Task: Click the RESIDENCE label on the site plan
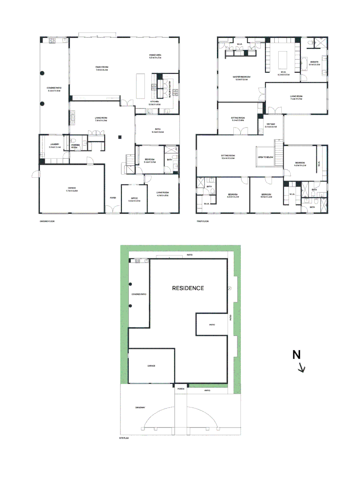tap(188, 288)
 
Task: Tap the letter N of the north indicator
tap(297, 355)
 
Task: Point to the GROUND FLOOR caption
tap(47, 221)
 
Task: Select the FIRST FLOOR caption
tap(203, 221)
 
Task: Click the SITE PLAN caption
tap(124, 438)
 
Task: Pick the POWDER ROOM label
tap(75, 146)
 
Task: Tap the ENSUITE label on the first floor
tap(314, 63)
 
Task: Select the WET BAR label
tap(271, 125)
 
